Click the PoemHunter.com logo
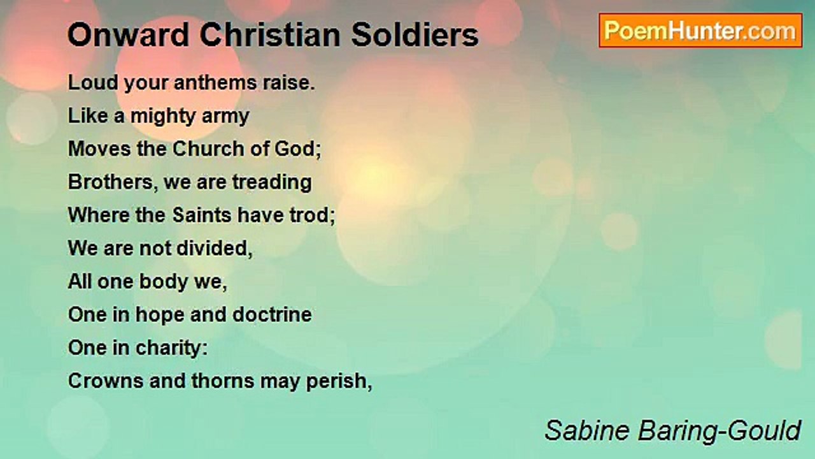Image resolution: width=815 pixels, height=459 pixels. click(700, 31)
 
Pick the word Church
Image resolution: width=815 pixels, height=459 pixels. click(206, 149)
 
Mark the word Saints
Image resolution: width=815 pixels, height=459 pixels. click(202, 215)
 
